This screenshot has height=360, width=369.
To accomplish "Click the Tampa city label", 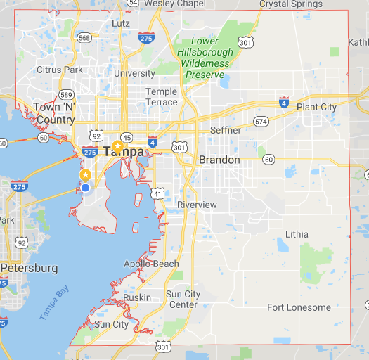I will [123, 151].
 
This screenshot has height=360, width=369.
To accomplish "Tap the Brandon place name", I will [219, 160].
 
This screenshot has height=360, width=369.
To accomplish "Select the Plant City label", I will [316, 107].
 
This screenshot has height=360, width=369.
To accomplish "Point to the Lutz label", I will [121, 24].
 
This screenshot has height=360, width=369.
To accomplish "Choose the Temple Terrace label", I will [162, 97].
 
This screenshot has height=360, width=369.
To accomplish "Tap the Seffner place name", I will [226, 130].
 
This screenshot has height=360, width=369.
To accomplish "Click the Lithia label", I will [297, 233].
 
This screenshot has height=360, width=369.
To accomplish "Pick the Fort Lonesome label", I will [298, 307].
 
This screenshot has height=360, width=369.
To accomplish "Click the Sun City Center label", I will [183, 299].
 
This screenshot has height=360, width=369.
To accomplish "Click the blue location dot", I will [85, 188].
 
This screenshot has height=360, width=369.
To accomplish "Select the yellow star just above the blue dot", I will [85, 174].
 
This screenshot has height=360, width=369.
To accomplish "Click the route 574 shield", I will [261, 122].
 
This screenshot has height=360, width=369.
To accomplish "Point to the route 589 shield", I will [66, 94].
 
